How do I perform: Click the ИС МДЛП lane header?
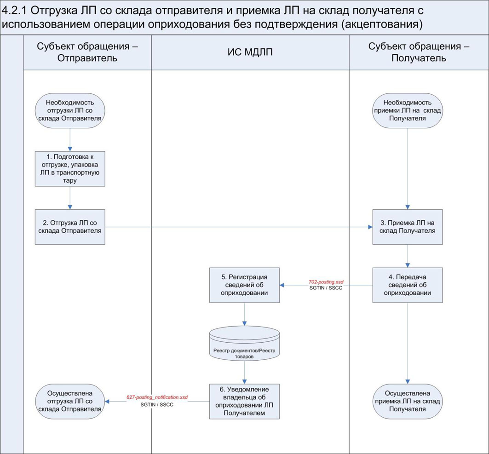250,52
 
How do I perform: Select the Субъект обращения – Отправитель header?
87,52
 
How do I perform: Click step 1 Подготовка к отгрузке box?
70,168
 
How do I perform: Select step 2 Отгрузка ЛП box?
70,227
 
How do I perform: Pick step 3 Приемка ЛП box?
408,227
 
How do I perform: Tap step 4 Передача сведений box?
408,285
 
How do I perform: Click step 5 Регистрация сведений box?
244,285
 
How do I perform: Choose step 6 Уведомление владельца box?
244,401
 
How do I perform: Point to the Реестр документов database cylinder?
244,345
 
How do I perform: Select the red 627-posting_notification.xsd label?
157,397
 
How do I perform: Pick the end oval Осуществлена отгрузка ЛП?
70,401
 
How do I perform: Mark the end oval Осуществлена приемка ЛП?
408,401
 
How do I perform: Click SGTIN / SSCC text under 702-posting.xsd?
326,288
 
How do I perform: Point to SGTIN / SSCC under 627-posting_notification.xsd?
157,404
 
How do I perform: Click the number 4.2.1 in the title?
17,11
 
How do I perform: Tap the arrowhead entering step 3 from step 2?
370,227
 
